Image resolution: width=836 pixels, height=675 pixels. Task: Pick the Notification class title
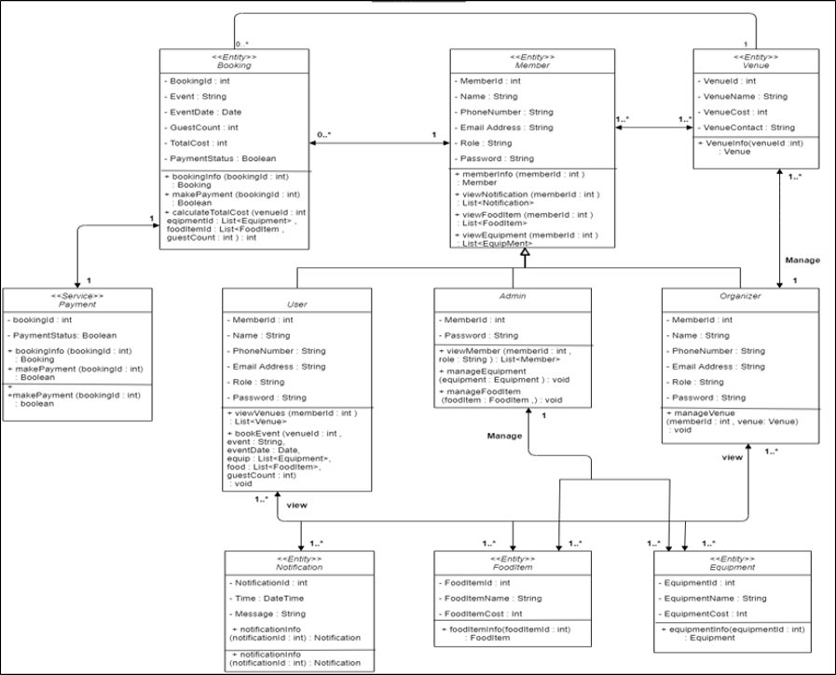point(299,566)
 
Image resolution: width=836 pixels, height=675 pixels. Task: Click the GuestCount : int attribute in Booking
point(206,127)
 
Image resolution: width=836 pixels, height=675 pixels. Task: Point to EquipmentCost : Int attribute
point(705,614)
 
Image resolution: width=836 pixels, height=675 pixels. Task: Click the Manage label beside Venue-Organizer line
point(801,260)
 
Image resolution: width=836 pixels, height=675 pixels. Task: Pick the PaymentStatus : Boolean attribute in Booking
point(222,157)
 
